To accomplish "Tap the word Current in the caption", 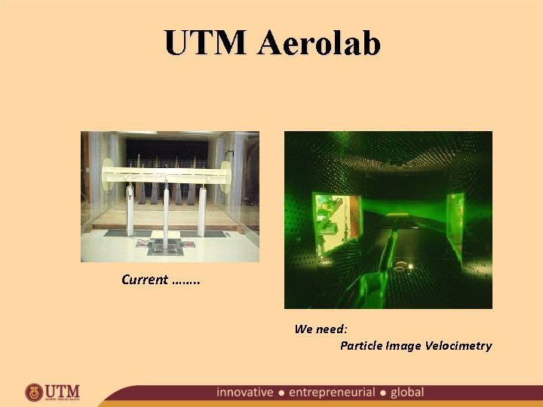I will pos(145,280).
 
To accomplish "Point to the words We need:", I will pos(321,329).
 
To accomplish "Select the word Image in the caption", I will pos(403,346).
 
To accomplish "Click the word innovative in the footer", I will pos(244,393).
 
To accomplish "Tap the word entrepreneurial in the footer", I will pos(332,393).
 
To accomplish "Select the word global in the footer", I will pos(407,393).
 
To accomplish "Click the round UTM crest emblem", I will pos(34,393).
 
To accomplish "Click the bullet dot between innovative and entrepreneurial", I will pos(281,393).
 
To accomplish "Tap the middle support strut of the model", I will pos(165,211).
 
